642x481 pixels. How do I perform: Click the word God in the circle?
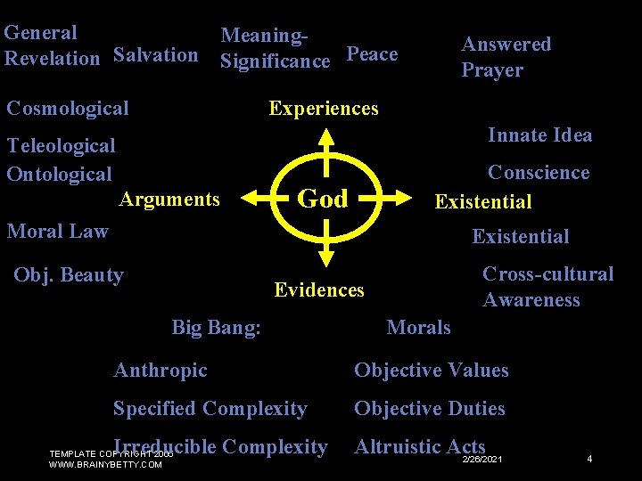323,199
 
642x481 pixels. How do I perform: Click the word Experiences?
324,109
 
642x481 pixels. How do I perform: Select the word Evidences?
319,289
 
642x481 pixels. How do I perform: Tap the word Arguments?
169,199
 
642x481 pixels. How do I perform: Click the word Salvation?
156,55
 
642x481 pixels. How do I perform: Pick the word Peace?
372,54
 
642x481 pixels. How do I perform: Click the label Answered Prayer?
506,56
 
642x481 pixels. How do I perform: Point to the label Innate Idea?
539,135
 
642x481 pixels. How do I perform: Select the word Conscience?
539,173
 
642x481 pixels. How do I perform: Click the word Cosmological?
68,109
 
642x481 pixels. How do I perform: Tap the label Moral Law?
58,232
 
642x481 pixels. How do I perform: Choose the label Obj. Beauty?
69,274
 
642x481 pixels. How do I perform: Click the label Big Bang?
217,328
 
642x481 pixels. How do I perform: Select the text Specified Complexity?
210,409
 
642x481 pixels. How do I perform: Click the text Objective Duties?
430,409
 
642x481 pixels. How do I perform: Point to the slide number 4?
589,459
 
